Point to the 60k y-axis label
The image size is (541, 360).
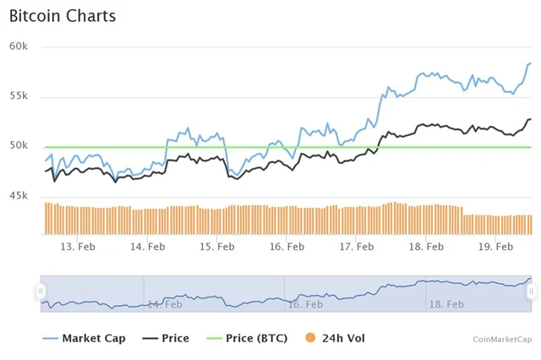[x=19, y=46]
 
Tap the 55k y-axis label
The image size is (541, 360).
[x=19, y=95]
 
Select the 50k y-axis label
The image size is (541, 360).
[x=19, y=145]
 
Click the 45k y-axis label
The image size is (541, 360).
[x=19, y=196]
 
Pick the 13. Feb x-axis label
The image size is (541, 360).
[x=78, y=247]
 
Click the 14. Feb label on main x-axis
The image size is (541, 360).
[x=147, y=247]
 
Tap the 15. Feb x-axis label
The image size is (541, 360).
[x=217, y=247]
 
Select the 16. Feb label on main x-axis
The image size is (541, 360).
[x=287, y=247]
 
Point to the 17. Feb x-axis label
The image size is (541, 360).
[x=357, y=247]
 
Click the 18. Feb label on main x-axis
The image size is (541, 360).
[x=426, y=247]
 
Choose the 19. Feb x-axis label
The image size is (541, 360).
[x=496, y=247]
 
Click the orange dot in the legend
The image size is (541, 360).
[x=310, y=338]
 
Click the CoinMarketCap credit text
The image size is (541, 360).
[x=502, y=339]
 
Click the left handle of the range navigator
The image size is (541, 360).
[x=41, y=292]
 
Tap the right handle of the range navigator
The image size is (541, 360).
[x=532, y=292]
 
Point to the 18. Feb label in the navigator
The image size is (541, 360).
[x=446, y=303]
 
